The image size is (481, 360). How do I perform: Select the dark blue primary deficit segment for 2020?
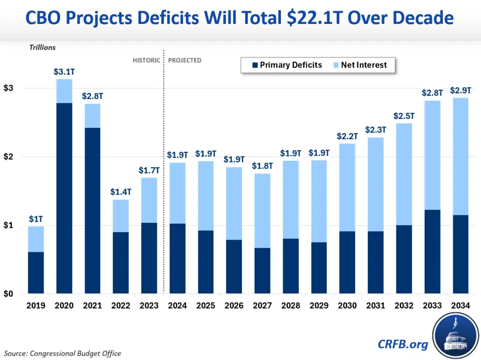(64, 197)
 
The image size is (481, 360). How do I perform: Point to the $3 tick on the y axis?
(9, 88)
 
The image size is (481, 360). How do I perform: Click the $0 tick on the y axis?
(9, 294)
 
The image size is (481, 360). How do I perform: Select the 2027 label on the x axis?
(263, 305)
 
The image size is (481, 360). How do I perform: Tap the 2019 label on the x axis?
(36, 305)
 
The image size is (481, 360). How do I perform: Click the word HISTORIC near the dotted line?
(146, 60)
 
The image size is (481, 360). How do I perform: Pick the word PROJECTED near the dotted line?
(185, 60)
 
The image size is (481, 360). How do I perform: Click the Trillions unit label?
(42, 47)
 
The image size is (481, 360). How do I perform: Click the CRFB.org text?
(403, 344)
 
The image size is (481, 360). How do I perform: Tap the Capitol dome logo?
(454, 334)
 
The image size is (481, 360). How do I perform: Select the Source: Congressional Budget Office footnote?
(62, 353)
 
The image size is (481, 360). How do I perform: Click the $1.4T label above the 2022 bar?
(121, 192)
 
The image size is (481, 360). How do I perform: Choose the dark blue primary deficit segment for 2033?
(433, 251)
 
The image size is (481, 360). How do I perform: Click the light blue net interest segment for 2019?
(36, 239)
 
